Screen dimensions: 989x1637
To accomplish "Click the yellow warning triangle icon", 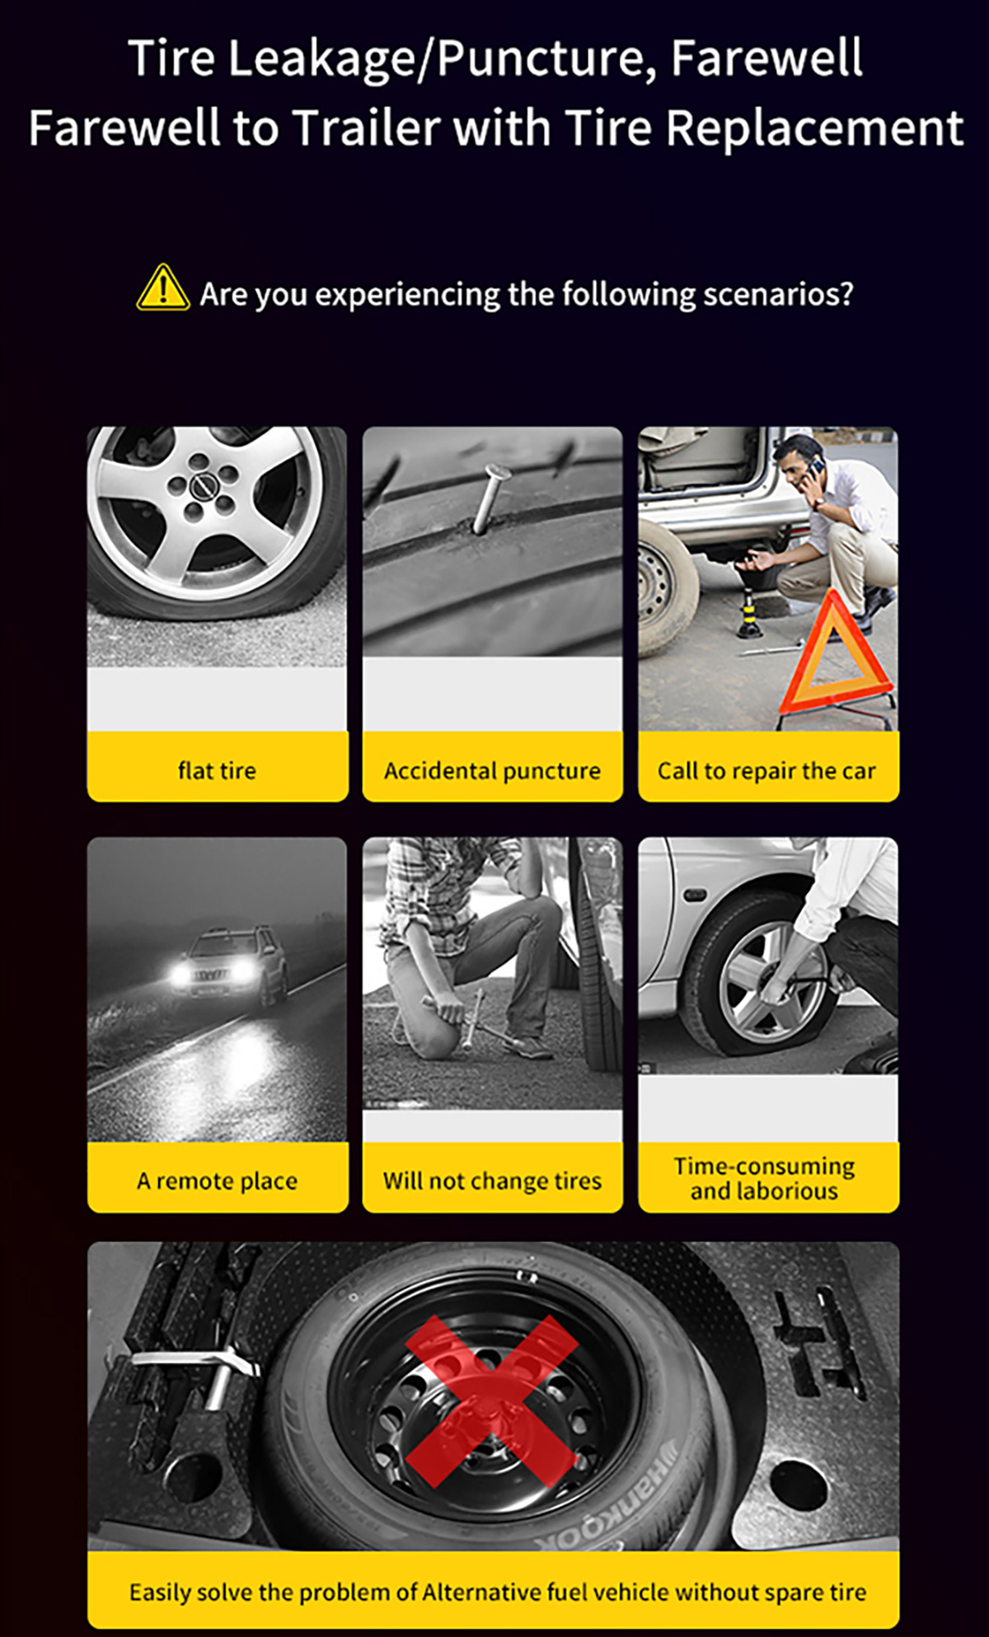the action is [162, 288].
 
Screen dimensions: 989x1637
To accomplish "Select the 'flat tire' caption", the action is [217, 770].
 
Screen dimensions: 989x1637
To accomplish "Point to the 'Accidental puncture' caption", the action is [492, 771].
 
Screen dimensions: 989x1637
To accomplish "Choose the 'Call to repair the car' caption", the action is [766, 771].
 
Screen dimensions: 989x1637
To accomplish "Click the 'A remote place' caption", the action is [217, 1181].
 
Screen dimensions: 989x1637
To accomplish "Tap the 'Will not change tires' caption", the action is [492, 1181].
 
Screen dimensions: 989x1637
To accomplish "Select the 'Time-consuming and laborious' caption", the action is [765, 1179].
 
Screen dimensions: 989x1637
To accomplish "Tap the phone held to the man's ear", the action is [815, 469].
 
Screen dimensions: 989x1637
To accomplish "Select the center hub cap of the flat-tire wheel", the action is [203, 488].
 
